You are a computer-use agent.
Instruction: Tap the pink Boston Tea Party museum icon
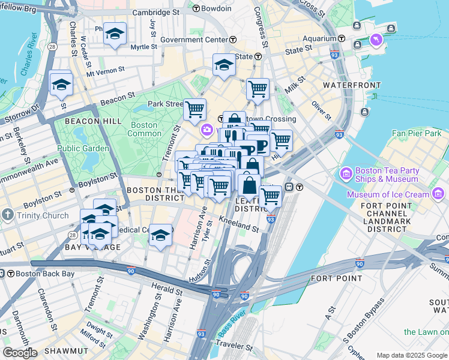point(346,175)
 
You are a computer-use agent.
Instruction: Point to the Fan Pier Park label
point(416,133)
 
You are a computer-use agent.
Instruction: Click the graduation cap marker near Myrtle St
point(114,34)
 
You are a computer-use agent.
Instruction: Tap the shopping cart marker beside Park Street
point(194,110)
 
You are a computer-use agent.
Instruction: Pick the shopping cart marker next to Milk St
point(258,89)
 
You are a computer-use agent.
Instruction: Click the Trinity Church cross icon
point(7,215)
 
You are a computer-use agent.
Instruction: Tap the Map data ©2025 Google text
point(411,355)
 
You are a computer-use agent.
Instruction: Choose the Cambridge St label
point(155,11)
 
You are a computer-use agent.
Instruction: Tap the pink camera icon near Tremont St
point(207,130)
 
